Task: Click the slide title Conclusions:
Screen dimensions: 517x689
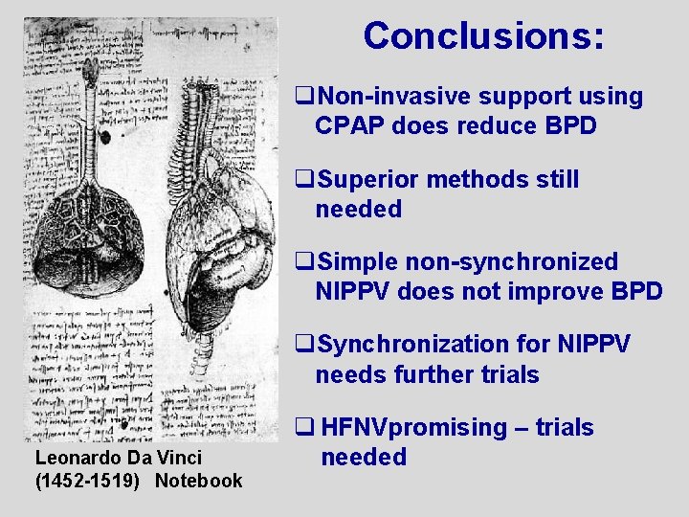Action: pos(483,36)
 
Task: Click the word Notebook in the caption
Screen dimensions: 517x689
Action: pos(199,481)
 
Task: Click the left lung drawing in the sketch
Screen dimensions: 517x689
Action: pos(92,230)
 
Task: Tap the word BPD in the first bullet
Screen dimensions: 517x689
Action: pos(571,126)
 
